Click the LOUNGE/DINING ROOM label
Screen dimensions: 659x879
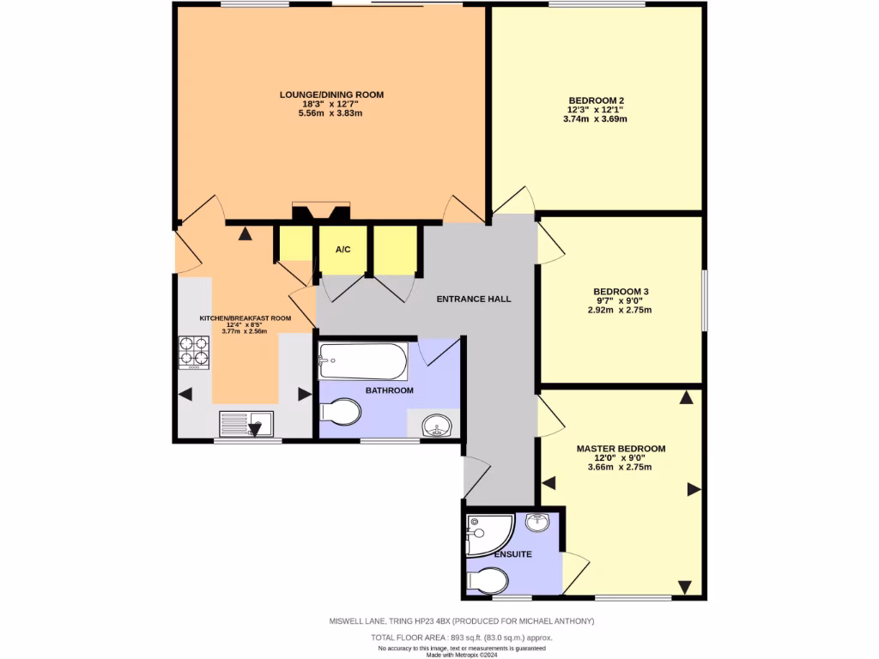[x=331, y=94]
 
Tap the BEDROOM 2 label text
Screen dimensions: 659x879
[x=596, y=100]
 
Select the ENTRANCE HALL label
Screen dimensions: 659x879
[x=474, y=299]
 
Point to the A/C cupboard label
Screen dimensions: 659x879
[x=343, y=250]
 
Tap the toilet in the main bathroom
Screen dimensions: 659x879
[x=340, y=412]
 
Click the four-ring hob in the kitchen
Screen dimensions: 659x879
[x=194, y=353]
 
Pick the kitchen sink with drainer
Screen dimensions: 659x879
[x=246, y=425]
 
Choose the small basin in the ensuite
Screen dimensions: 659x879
[x=537, y=522]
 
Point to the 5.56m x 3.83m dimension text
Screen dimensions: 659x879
[x=331, y=113]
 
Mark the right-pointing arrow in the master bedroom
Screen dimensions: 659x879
[x=693, y=490]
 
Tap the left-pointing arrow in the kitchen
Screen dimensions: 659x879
[x=185, y=394]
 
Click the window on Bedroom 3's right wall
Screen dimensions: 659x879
[x=705, y=300]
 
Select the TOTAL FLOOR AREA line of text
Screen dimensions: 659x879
[x=461, y=638]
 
